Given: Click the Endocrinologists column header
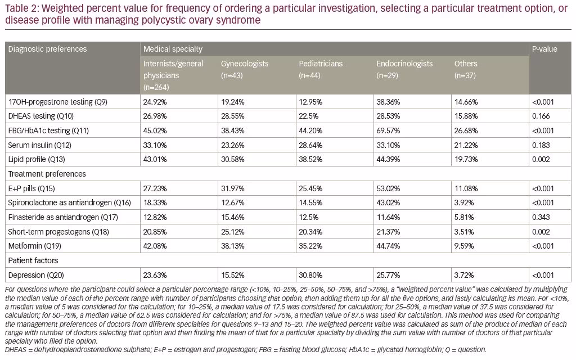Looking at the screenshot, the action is click(404, 69).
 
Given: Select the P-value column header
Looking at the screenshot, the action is click(544, 49).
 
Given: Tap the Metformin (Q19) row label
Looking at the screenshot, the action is click(34, 246).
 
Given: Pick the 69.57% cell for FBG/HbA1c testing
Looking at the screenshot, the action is click(388, 130).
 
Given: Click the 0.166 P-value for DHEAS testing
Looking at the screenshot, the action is click(541, 116).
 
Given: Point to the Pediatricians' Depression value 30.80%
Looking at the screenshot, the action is click(310, 275).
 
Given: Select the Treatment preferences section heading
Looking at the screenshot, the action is click(47, 174).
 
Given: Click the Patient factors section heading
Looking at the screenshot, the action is click(33, 260).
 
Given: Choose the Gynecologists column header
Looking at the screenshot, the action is click(245, 69).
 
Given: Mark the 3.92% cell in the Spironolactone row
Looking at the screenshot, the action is click(464, 202).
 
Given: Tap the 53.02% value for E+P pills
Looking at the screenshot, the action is click(388, 188).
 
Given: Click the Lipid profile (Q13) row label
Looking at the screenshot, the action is click(37, 159).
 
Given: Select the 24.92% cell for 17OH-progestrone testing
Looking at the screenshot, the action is click(155, 102).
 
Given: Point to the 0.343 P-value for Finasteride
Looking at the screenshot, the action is click(541, 217).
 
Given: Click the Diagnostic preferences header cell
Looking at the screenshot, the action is click(47, 49).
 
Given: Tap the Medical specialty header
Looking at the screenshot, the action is click(173, 49).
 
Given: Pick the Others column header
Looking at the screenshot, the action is click(466, 69).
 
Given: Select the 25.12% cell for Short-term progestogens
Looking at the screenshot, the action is click(232, 232).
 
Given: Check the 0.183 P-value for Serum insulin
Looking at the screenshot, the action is click(541, 145).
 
